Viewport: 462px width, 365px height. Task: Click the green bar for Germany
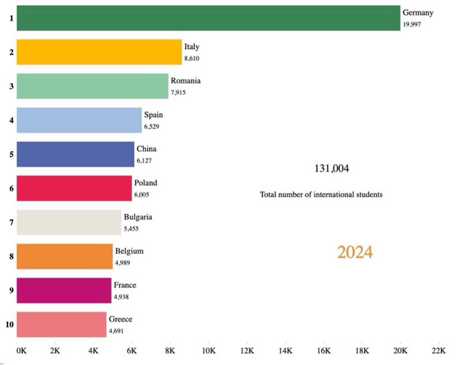208,18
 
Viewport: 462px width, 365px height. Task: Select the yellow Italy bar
99,51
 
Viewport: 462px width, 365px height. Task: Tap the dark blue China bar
75,154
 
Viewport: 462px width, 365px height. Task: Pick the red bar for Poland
74,188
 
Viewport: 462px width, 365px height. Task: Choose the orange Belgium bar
64,256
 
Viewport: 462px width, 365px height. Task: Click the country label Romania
185,81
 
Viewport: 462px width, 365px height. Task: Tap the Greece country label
120,319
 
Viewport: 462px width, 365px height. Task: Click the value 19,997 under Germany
413,25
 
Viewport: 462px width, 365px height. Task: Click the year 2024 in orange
355,252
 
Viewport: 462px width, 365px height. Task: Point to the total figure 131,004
331,169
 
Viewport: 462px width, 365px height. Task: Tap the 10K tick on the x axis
208,351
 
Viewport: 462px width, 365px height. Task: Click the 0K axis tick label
21,351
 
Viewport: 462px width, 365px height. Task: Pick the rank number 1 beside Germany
10,18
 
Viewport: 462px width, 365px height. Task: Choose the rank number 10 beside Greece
10,325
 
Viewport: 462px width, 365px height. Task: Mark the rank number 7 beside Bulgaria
10,222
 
